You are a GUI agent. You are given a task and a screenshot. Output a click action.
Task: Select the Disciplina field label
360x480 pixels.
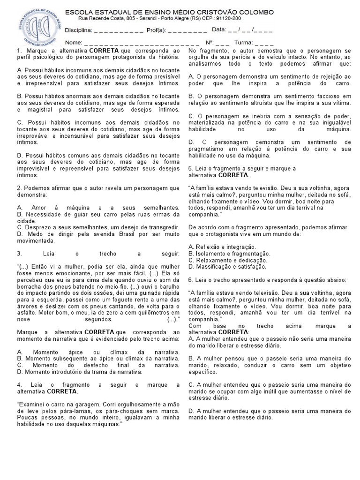click(x=78, y=30)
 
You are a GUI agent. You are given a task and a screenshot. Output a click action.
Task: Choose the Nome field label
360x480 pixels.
click(x=73, y=42)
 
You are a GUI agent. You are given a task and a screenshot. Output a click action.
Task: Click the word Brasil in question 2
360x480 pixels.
click(x=124, y=234)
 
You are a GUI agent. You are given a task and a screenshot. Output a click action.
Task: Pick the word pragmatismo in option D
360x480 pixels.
click(x=208, y=149)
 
